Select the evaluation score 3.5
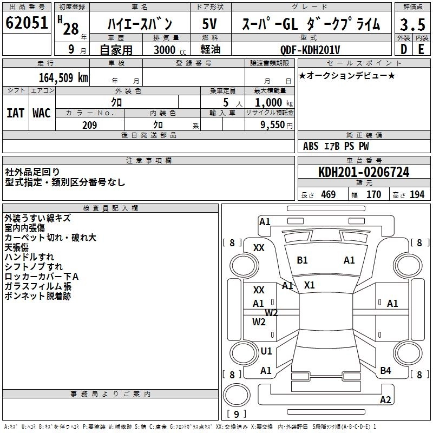pyautogui.click(x=412, y=25)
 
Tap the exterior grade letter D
pyautogui.click(x=403, y=49)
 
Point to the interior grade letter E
pyautogui.click(x=421, y=49)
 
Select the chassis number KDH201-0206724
pyautogui.click(x=364, y=173)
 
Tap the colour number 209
pyautogui.click(x=89, y=125)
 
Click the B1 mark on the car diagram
pyautogui.click(x=302, y=260)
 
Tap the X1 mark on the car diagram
pyautogui.click(x=309, y=285)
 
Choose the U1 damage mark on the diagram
pyautogui.click(x=266, y=351)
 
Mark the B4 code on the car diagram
pyautogui.click(x=385, y=370)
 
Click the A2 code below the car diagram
pyautogui.click(x=385, y=400)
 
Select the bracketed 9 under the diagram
pyautogui.click(x=236, y=415)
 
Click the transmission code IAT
pyautogui.click(x=15, y=113)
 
